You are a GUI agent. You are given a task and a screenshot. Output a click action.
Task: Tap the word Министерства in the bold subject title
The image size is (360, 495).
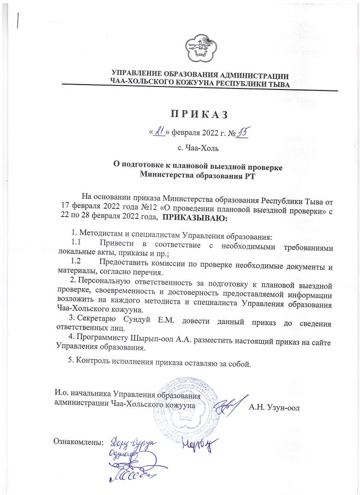[168, 175]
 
